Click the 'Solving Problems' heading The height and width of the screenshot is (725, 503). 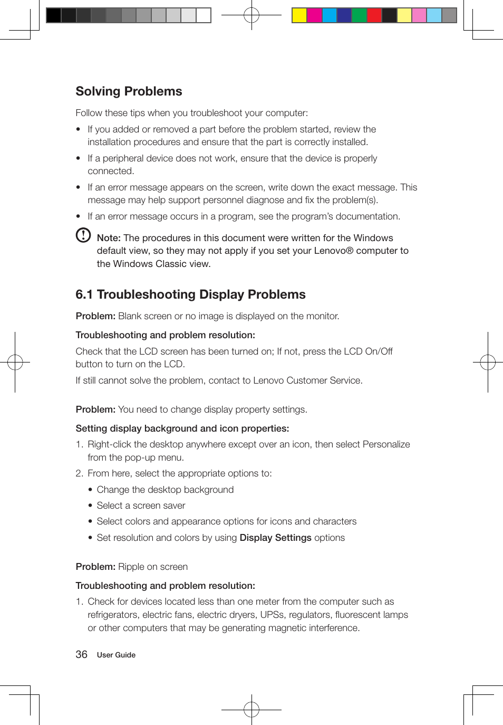click(x=129, y=91)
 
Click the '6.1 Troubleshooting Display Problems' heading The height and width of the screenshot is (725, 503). click(x=190, y=294)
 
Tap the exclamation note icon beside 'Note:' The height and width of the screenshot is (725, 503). click(x=83, y=235)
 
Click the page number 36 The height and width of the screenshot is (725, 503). click(x=81, y=654)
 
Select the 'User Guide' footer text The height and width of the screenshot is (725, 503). click(x=116, y=655)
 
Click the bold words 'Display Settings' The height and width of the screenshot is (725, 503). click(x=275, y=538)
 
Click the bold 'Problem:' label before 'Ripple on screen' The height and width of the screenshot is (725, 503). click(x=95, y=567)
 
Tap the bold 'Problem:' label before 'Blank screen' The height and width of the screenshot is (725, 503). click(x=95, y=316)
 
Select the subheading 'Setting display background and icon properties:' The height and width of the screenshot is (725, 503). click(x=182, y=428)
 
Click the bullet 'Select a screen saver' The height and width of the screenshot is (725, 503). click(x=141, y=505)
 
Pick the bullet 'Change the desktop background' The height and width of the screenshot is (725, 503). click(x=165, y=490)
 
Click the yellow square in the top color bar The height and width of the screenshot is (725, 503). click(x=299, y=15)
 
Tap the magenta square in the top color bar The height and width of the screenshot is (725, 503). click(x=314, y=15)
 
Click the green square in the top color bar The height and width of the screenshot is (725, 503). click(x=359, y=15)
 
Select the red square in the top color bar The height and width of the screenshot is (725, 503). click(x=374, y=15)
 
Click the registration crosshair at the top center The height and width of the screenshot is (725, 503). click(x=252, y=15)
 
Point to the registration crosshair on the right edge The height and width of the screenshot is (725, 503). click(x=488, y=362)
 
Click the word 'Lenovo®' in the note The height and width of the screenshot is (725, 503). click(x=333, y=251)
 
